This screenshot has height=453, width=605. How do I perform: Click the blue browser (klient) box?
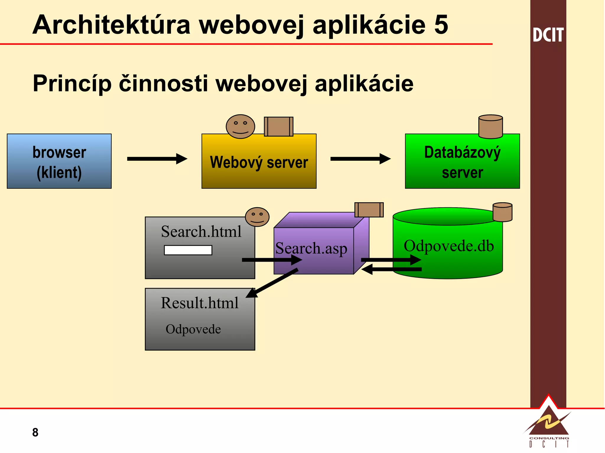point(59,161)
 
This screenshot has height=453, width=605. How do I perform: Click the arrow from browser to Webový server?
point(157,159)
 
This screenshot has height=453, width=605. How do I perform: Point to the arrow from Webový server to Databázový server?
point(360,159)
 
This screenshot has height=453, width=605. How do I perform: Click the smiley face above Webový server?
point(240,127)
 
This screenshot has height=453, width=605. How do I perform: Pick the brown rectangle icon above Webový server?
point(279,127)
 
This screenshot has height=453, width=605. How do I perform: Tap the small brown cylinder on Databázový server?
point(490,127)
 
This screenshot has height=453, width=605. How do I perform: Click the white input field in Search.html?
point(188,250)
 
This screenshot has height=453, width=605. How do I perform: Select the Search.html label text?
point(201,232)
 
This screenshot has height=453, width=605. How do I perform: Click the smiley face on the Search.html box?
point(257,217)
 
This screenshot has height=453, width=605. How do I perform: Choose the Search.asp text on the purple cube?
point(311,248)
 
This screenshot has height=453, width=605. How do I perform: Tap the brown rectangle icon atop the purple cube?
point(369,210)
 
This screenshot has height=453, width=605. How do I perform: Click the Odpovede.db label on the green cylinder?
point(448,246)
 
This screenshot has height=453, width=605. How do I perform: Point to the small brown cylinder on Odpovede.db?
point(502,212)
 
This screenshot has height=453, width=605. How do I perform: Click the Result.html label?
point(200,303)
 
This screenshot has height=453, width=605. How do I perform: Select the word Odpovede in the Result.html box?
point(193,329)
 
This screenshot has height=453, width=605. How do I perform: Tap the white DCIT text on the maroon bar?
point(548,35)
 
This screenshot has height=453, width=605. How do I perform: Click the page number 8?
point(35,432)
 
